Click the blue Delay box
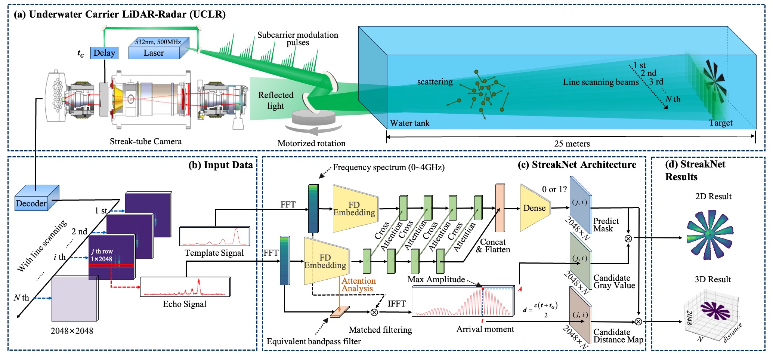104,53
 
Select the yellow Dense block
534,208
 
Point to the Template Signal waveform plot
214,236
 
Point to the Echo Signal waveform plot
185,287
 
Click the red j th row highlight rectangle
111,266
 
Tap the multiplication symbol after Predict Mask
628,238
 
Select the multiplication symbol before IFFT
374,312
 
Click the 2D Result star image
709,235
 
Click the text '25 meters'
572,144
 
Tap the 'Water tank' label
409,123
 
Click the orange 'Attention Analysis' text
358,284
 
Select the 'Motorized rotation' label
311,143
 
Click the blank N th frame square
74,299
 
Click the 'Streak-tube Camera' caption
146,142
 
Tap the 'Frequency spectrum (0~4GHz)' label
389,167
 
